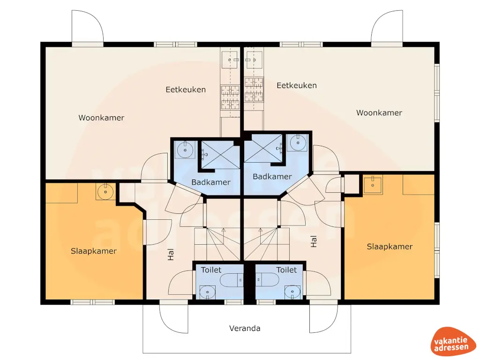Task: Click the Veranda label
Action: coord(245,328)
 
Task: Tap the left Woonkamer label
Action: coord(101,118)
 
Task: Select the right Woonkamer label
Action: coord(379,112)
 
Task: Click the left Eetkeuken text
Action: coord(186,90)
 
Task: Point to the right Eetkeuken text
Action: coord(296,85)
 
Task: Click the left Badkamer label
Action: coord(211,182)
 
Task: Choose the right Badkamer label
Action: coord(272,177)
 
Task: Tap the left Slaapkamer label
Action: coord(94,251)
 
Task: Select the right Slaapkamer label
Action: coord(390,247)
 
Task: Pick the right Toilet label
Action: coord(286,270)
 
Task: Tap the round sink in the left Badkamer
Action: coord(186,150)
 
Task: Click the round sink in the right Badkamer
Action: coord(297,143)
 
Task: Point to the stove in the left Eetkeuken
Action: coord(230,96)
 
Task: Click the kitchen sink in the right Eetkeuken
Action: coord(253,60)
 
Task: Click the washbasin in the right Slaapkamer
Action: coord(373,184)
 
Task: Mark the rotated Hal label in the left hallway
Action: coord(171,255)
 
